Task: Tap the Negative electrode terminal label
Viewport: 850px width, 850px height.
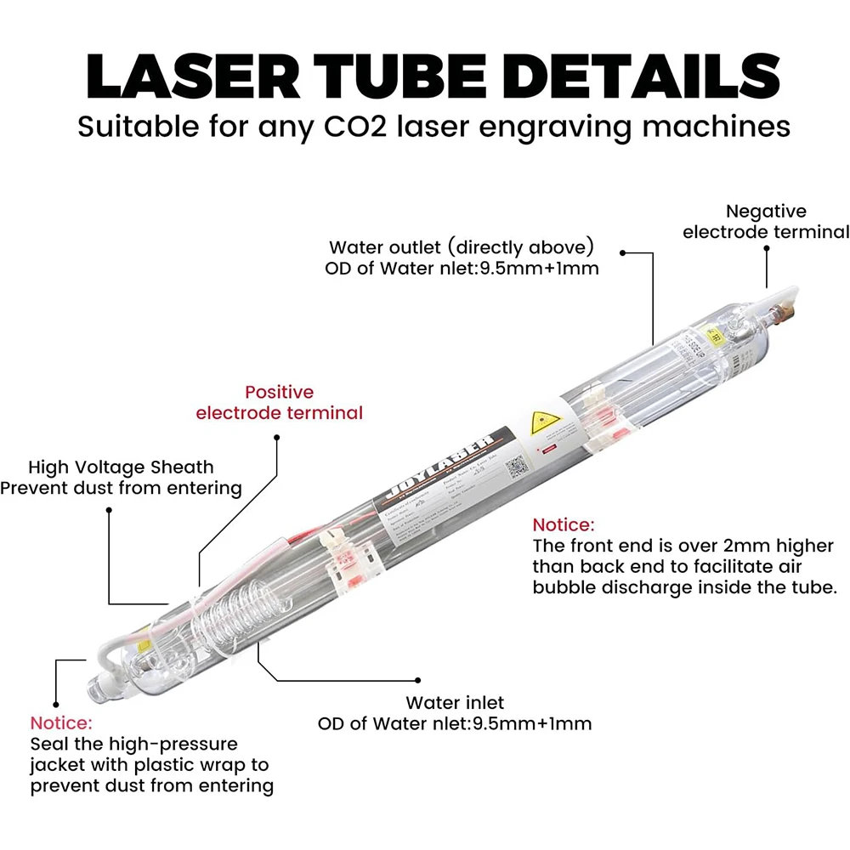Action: pos(766,221)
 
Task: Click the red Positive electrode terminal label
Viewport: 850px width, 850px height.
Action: pos(279,402)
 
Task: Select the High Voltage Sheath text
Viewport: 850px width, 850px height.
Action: pos(121,467)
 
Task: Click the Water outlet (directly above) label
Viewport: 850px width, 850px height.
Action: pos(461,247)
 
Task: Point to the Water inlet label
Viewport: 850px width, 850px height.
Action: pos(455,703)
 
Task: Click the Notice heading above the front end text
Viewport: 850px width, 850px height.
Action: pos(564,524)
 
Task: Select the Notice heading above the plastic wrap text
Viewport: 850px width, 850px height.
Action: pos(60,723)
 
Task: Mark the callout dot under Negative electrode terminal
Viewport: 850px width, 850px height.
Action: pos(766,249)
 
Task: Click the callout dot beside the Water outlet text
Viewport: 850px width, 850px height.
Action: pos(622,252)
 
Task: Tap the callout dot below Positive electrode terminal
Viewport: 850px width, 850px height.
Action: pos(276,438)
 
